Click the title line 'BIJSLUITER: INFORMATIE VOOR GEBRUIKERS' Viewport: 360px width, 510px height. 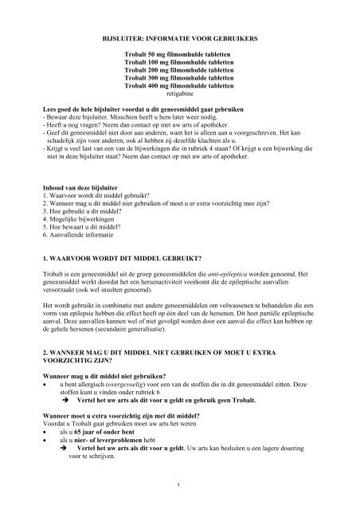coord(179,37)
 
